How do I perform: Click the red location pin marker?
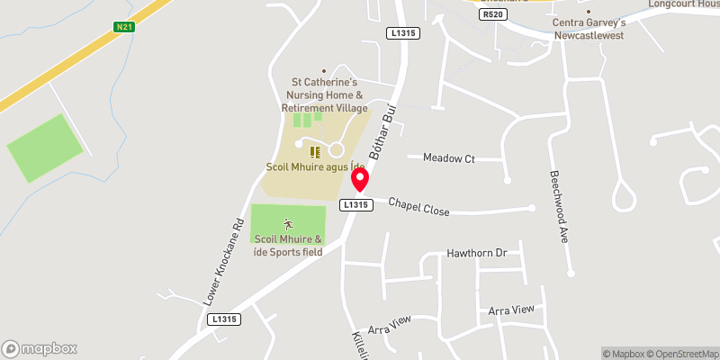click(360, 181)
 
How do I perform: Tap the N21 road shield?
click(125, 27)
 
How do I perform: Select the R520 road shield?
click(492, 14)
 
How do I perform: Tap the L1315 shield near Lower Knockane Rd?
click(222, 319)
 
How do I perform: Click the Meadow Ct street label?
click(448, 158)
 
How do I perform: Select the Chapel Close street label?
click(418, 206)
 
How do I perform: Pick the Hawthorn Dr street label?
click(477, 253)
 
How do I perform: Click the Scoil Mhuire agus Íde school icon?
click(315, 151)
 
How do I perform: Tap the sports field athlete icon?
click(288, 222)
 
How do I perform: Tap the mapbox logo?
click(40, 348)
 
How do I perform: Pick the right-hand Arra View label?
click(510, 310)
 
